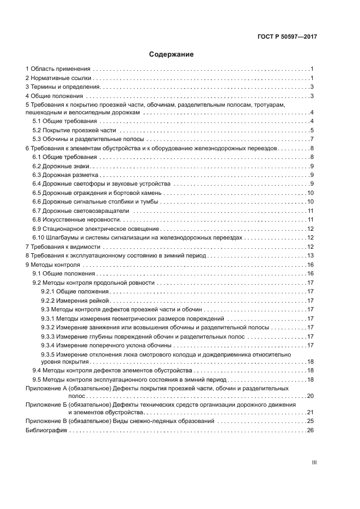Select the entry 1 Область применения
click(58, 69)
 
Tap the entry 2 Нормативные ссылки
click(58, 78)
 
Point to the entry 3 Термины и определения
click(63, 87)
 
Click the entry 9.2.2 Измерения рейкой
click(76, 301)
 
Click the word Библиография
click(46, 430)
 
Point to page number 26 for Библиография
click(311, 430)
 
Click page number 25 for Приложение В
click(311, 421)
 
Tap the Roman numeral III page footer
click(314, 463)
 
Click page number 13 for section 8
click(311, 255)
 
